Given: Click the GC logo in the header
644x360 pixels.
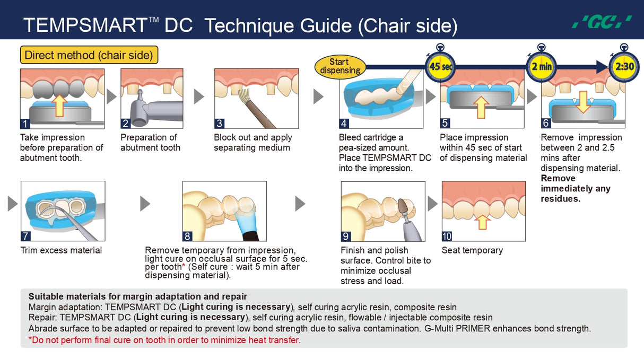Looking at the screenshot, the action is click(x=602, y=22).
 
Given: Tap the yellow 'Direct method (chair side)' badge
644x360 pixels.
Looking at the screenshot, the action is click(x=89, y=55).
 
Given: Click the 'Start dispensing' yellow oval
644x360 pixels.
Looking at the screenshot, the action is click(x=340, y=66).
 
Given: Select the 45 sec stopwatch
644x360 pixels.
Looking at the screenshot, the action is click(x=440, y=66).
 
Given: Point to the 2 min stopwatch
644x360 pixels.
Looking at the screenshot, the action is click(x=542, y=66).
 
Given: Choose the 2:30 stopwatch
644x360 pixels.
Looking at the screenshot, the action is click(x=624, y=66).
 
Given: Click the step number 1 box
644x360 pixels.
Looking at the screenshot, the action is click(x=25, y=124).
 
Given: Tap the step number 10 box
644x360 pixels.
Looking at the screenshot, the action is click(x=447, y=236).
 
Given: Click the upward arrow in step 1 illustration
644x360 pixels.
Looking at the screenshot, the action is click(x=59, y=106).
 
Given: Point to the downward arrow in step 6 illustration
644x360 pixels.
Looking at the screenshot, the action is click(x=583, y=102).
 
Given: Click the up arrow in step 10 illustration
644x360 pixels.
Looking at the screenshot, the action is click(x=482, y=222).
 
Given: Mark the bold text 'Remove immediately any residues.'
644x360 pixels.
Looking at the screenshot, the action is click(x=575, y=188).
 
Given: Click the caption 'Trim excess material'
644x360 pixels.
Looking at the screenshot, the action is click(x=61, y=250).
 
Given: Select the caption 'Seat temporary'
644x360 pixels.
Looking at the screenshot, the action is click(x=472, y=250).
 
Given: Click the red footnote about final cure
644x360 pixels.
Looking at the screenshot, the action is click(x=164, y=340).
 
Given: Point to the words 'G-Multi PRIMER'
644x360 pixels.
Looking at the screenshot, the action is click(x=457, y=328).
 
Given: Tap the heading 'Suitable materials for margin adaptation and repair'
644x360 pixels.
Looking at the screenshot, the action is click(x=138, y=296).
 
